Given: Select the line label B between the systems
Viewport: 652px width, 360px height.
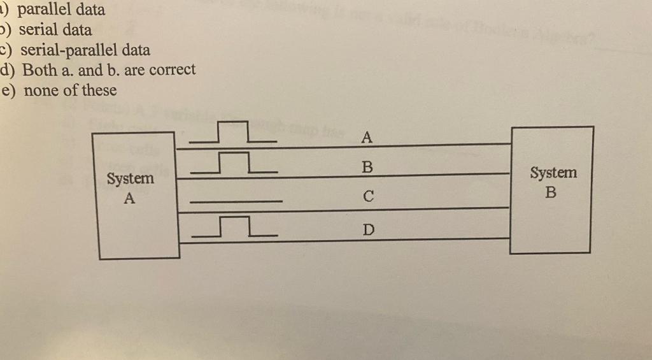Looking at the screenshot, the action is coord(366,167).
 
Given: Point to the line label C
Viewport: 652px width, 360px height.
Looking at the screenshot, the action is coord(366,198).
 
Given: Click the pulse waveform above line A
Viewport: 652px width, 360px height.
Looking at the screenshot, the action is coord(233,133).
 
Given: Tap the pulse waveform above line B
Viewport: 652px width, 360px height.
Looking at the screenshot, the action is coord(234,163).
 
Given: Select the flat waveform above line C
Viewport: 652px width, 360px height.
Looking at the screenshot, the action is coord(236,202).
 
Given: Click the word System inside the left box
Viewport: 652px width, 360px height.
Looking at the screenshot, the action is coord(130,179).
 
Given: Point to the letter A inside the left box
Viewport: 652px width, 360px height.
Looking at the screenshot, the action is coord(129,198).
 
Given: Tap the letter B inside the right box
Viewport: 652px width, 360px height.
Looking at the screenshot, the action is coord(551,192).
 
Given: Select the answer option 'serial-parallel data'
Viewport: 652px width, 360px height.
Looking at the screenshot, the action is coord(85,50).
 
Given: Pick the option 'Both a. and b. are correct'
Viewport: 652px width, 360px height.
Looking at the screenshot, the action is coord(108,69).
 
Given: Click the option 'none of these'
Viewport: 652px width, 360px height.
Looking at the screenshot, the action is coord(70,90).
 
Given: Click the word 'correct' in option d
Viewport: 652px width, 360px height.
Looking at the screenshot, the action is coord(173,69).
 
